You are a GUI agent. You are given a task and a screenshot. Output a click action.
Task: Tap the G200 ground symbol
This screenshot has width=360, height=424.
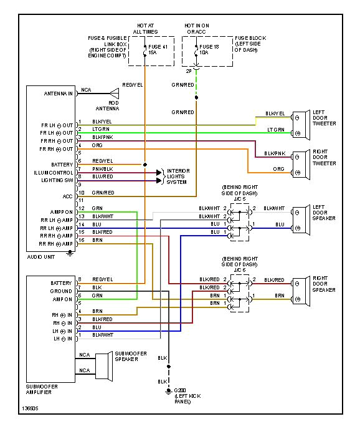[x=168, y=391]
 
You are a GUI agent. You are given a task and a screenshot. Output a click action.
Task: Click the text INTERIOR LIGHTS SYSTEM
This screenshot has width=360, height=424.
[x=178, y=176]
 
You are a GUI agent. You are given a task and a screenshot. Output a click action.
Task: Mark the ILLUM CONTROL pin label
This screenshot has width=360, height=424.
[x=54, y=172]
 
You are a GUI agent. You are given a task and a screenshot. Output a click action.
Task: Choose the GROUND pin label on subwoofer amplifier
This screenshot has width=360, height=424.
[x=61, y=291]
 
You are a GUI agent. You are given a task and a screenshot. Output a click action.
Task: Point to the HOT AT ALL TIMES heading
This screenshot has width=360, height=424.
[x=145, y=28]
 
